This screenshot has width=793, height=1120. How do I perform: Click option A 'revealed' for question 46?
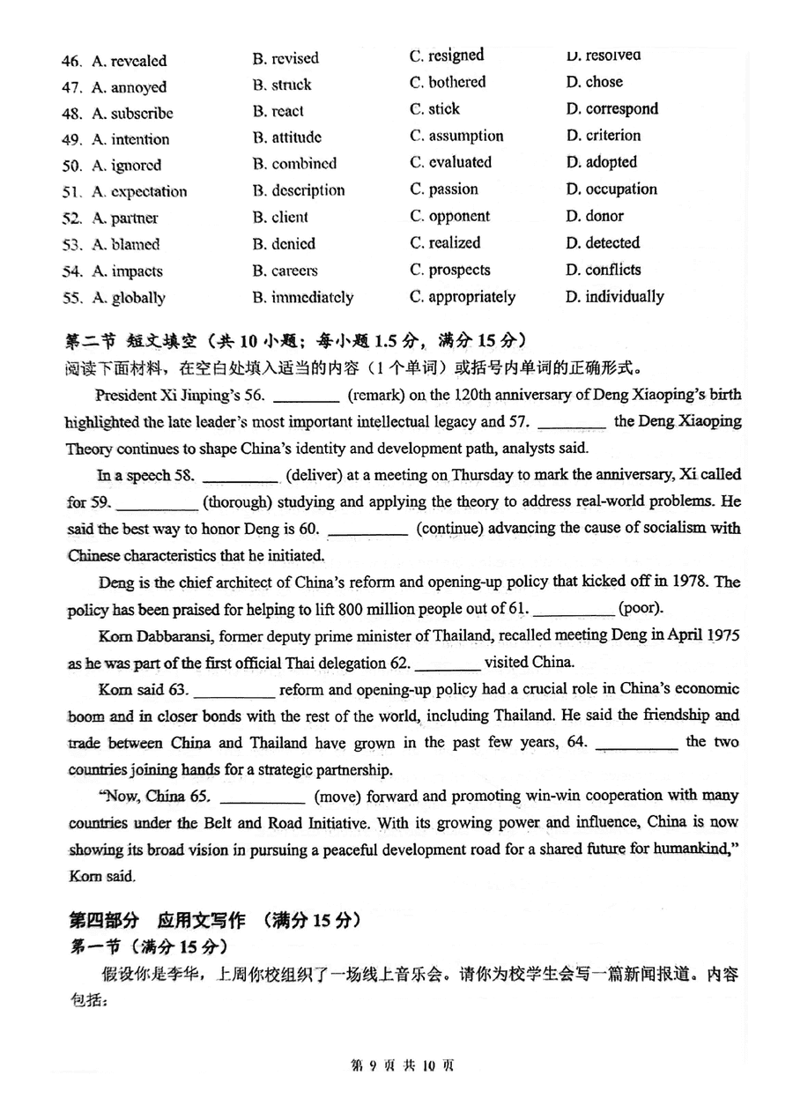(x=129, y=61)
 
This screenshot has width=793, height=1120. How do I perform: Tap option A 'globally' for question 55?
(x=129, y=298)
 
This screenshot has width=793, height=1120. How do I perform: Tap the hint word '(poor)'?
(x=641, y=609)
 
